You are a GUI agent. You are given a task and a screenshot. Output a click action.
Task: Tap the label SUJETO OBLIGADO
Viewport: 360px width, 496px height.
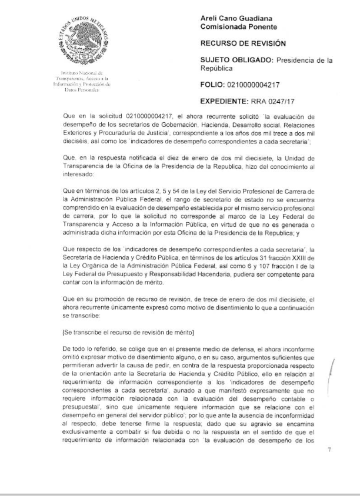pyautogui.click(x=235, y=60)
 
